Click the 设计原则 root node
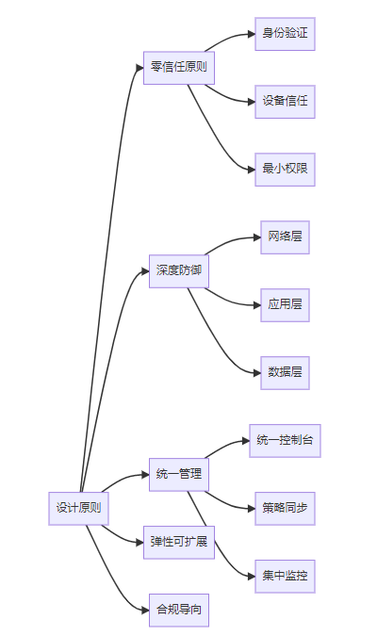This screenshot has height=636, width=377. coord(79,508)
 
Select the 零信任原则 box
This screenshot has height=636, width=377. coord(179,68)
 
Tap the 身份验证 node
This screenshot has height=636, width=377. coord(285,34)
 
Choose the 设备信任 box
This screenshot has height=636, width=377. coord(285,102)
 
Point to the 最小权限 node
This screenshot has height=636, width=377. coord(285,170)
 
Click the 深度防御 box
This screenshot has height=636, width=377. coord(179,271)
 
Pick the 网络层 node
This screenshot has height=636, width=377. coord(285,237)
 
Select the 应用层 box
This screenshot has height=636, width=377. coord(285,305)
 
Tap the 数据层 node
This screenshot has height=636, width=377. coord(285,373)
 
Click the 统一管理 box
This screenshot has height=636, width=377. coord(179,475)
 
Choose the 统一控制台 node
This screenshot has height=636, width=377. coord(285,441)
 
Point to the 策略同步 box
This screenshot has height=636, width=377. coord(285,508)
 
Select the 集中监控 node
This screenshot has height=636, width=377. coord(285,576)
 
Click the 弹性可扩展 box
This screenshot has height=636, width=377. coord(179,543)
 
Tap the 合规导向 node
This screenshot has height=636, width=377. coord(179,610)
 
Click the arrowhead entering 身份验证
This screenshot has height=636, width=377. coord(252,34)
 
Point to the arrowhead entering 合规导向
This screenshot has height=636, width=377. coord(146,610)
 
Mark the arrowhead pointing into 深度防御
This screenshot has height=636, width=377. coord(146,271)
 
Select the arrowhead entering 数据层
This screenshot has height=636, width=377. coord(257,373)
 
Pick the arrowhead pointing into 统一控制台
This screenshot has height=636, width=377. coord(246,441)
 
